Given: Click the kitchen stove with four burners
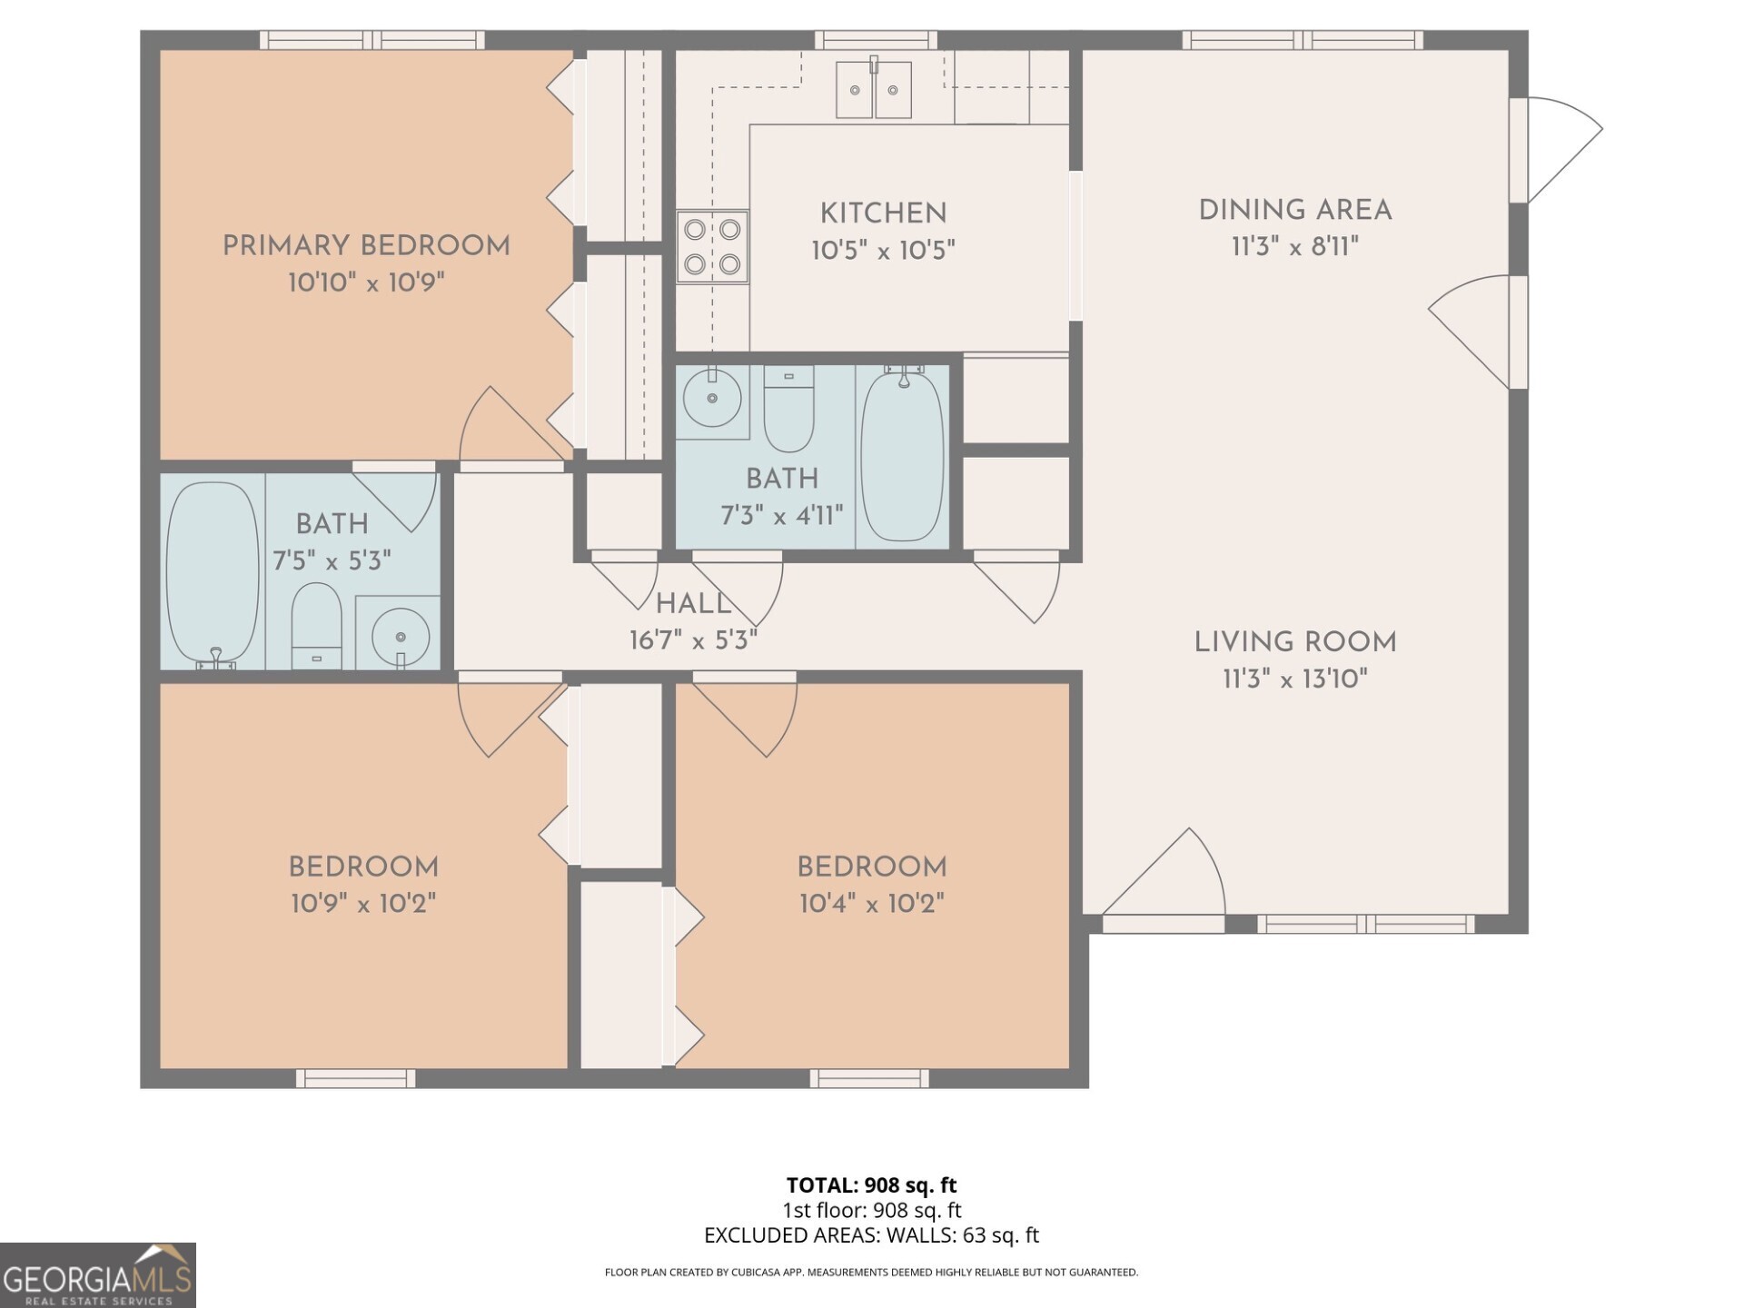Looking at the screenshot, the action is pyautogui.click(x=712, y=247).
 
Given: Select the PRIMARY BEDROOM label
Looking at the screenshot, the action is pyautogui.click(x=366, y=245).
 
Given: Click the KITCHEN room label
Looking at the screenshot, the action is pyautogui.click(x=883, y=213).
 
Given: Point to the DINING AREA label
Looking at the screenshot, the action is pyautogui.click(x=1295, y=210).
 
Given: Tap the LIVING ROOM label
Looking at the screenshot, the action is pyautogui.click(x=1295, y=642).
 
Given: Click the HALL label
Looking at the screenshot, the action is pyautogui.click(x=693, y=603).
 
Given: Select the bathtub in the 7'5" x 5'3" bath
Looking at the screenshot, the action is pyautogui.click(x=213, y=574).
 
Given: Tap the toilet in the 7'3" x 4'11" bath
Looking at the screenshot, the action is pyautogui.click(x=788, y=409).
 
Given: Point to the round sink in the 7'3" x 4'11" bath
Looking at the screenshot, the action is pyautogui.click(x=712, y=397).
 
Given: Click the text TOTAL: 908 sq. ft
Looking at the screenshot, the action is pyautogui.click(x=872, y=1184).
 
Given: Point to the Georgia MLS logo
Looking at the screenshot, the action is pyautogui.click(x=98, y=1275).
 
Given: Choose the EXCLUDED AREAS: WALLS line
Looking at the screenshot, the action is pyautogui.click(x=872, y=1235).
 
